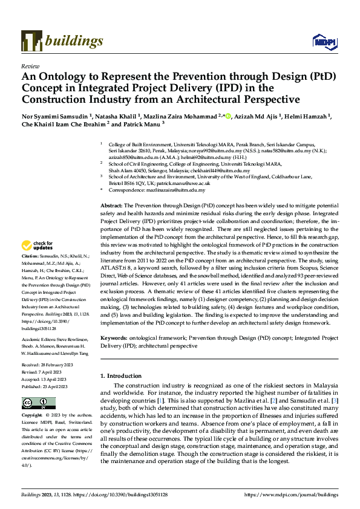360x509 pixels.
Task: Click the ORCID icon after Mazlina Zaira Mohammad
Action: (227, 113)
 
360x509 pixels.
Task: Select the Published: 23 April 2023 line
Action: (48, 386)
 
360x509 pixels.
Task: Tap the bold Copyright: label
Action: (32, 415)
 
